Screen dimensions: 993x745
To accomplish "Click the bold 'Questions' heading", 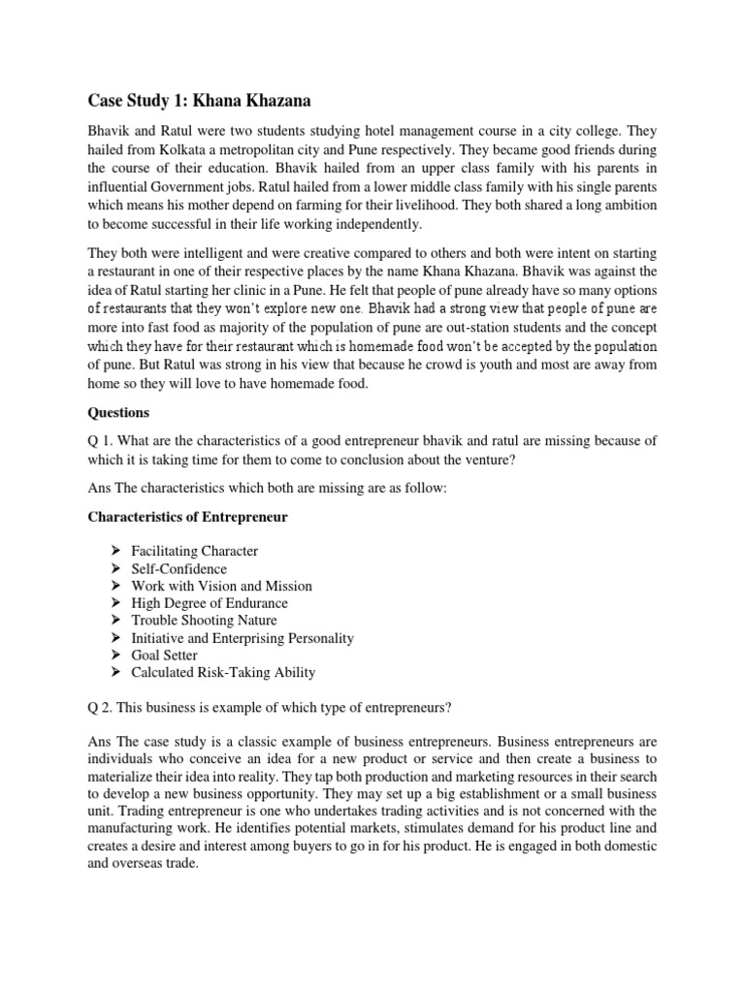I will coord(118,412).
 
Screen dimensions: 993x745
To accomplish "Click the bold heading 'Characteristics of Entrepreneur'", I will coord(188,517).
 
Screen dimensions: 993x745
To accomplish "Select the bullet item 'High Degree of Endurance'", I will coord(210,603).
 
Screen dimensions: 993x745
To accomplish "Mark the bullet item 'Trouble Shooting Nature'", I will coord(205,621).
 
